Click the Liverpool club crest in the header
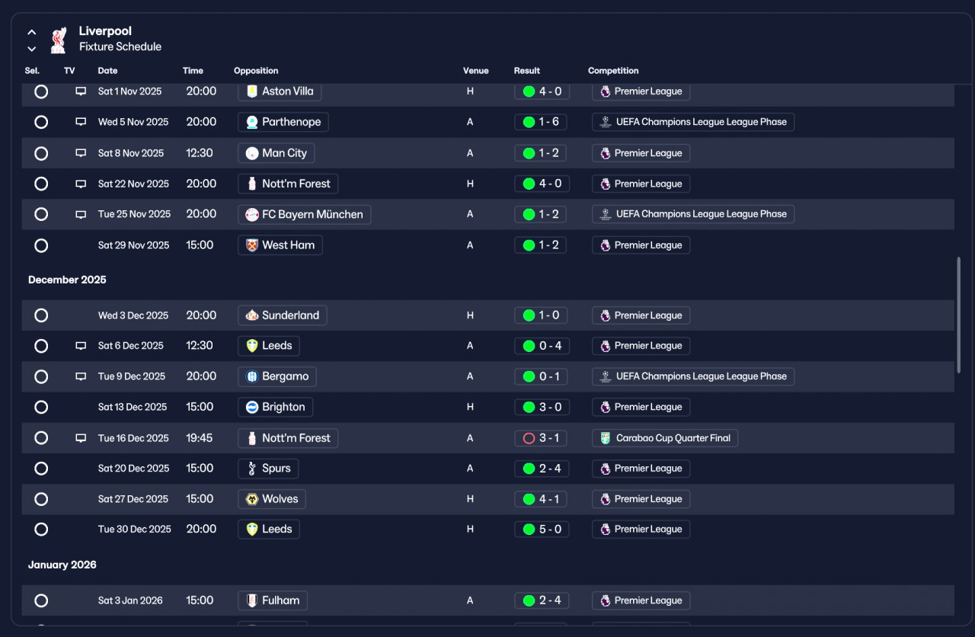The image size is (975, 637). click(x=59, y=40)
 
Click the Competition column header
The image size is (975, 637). click(x=613, y=71)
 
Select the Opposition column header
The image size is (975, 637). click(x=256, y=71)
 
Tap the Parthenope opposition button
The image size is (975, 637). click(x=283, y=122)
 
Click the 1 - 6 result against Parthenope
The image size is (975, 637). click(x=540, y=122)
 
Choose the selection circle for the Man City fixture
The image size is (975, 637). click(x=41, y=153)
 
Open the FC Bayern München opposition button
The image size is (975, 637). click(x=304, y=214)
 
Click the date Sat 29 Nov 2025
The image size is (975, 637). click(x=133, y=245)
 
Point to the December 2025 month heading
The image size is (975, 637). click(x=67, y=280)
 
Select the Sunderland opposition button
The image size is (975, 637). click(x=282, y=315)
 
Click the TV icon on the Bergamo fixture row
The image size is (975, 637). click(x=81, y=376)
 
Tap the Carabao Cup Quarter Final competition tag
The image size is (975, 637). click(x=665, y=438)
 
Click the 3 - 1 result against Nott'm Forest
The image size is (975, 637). click(x=540, y=438)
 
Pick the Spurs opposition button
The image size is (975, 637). click(x=268, y=469)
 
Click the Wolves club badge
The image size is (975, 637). click(x=252, y=499)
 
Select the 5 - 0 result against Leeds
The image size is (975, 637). click(x=542, y=530)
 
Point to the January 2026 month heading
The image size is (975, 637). click(x=62, y=565)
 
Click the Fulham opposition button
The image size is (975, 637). click(x=273, y=600)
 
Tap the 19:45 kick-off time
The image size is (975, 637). click(x=200, y=438)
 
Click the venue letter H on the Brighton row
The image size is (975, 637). click(x=470, y=407)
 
